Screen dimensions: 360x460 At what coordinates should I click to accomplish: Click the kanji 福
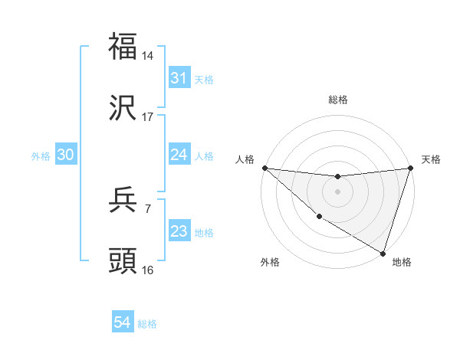pos(123,46)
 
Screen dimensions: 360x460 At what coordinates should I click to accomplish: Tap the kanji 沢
pos(123,109)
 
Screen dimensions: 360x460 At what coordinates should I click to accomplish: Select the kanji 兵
pos(123,201)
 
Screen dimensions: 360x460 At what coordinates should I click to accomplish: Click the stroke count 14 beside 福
pos(148,55)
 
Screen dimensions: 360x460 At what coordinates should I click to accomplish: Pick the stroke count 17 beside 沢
pos(148,117)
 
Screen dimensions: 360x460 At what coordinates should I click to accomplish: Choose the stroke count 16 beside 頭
pos(148,270)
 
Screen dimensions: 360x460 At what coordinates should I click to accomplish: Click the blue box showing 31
pos(179,78)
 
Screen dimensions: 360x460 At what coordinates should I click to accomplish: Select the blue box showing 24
pos(179,155)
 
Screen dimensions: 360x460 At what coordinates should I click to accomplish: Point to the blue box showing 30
pos(65,155)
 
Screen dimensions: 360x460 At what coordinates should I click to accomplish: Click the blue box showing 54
pos(123,323)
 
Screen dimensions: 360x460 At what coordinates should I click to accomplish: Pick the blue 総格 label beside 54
pos(147,324)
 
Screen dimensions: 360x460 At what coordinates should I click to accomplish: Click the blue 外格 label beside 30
pos(41,156)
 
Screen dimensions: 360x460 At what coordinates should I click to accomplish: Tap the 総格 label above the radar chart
pos(338,100)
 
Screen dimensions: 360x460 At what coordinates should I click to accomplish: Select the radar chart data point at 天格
pos(410,169)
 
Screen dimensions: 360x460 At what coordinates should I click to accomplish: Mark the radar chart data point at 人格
pos(264,168)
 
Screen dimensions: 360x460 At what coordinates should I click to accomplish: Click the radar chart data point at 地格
pos(382,252)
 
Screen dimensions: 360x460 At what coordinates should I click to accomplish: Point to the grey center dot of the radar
pos(337,191)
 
